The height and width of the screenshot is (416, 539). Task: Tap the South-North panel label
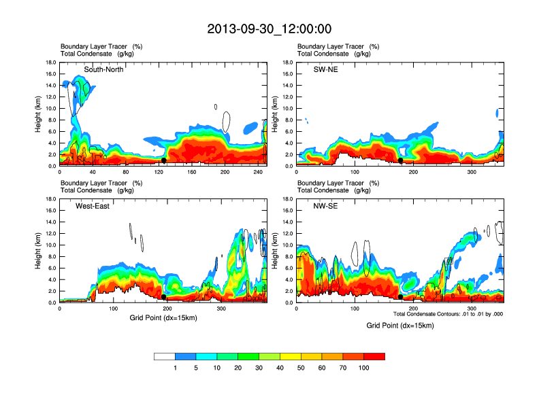pyautogui.click(x=103, y=69)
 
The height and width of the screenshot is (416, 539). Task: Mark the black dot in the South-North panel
pyautogui.click(x=164, y=160)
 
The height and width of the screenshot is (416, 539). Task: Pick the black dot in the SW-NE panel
pyautogui.click(x=401, y=160)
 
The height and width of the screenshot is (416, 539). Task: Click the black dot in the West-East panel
pyautogui.click(x=163, y=297)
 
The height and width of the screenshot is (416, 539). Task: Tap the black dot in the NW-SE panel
pyautogui.click(x=401, y=297)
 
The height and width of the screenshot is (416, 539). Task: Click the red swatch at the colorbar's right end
pyautogui.click(x=374, y=356)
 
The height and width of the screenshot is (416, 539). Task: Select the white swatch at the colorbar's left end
pyautogui.click(x=165, y=356)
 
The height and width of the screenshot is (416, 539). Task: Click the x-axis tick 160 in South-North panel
pyautogui.click(x=192, y=172)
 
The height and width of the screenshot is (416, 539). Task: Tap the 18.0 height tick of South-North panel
pyautogui.click(x=50, y=63)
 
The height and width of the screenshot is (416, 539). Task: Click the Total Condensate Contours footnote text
pyautogui.click(x=448, y=314)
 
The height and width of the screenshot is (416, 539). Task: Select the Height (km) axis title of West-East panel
pyautogui.click(x=38, y=251)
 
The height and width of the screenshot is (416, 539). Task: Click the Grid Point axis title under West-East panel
pyautogui.click(x=163, y=318)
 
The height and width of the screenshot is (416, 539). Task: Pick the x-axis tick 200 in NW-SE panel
pyautogui.click(x=414, y=309)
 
